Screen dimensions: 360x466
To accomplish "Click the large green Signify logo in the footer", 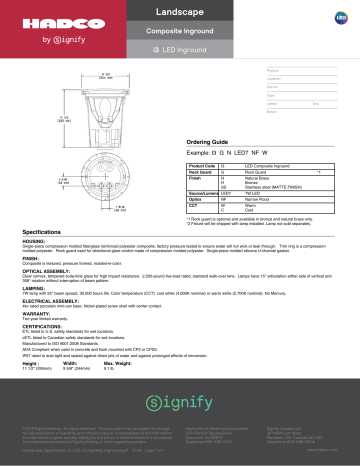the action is point(180,406).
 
